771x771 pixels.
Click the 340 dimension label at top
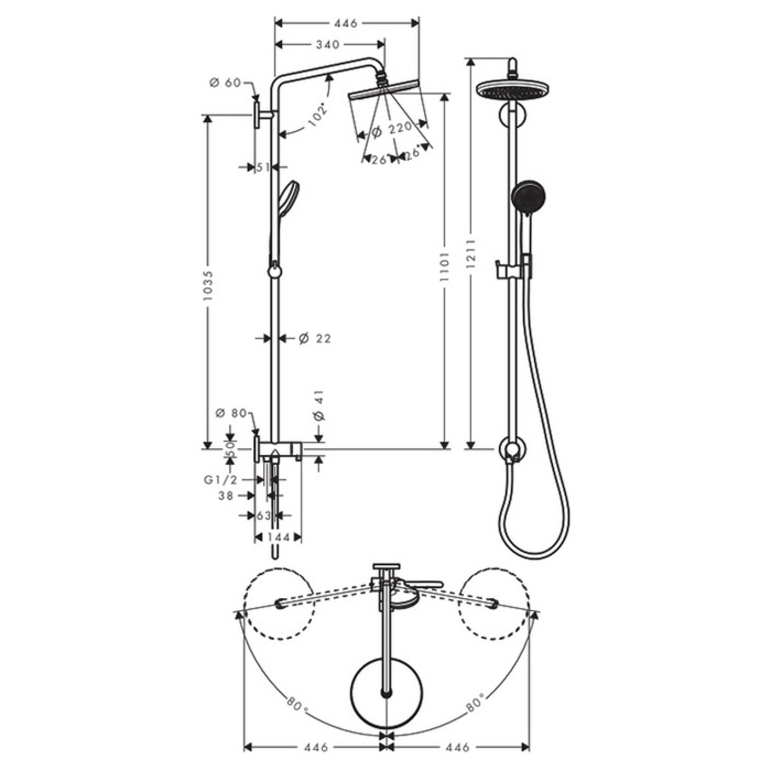click(328, 45)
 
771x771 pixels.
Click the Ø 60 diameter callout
click(226, 82)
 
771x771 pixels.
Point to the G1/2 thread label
click(220, 480)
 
